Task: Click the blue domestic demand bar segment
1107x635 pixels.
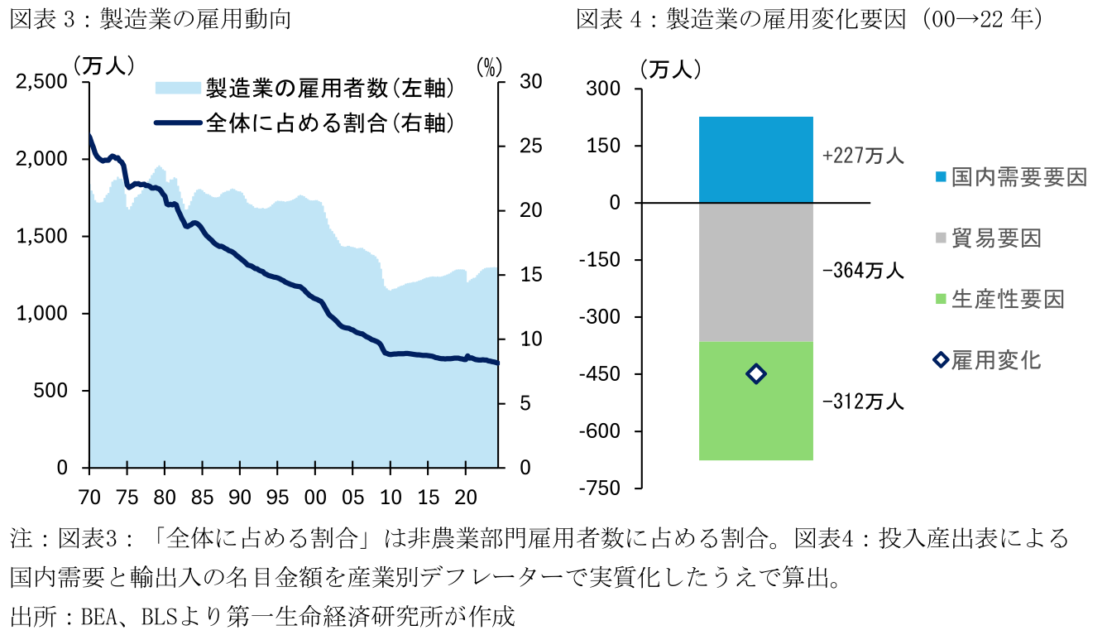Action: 756,159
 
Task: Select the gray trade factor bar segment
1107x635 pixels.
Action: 756,272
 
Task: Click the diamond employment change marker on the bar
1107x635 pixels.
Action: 755,374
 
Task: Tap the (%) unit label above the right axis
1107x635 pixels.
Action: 490,65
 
